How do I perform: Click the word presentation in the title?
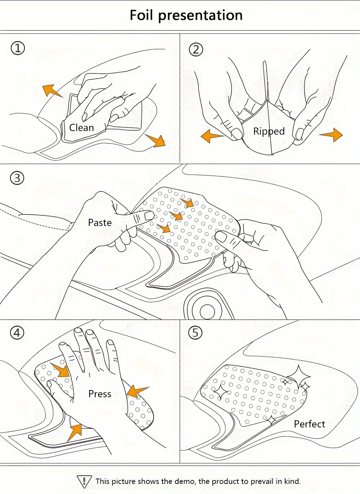200,16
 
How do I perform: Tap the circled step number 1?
18,48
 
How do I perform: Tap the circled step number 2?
196,49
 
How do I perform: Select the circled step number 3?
17,178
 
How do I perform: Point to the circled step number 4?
17,333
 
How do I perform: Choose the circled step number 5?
195,332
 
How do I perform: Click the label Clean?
81,128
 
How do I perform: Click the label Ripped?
269,132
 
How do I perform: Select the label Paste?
100,223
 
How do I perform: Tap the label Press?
100,394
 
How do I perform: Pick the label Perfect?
309,424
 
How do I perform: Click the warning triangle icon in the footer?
84,481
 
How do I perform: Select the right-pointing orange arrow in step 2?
331,135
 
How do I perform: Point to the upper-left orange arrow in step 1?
51,91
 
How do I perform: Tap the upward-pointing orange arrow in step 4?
75,431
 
